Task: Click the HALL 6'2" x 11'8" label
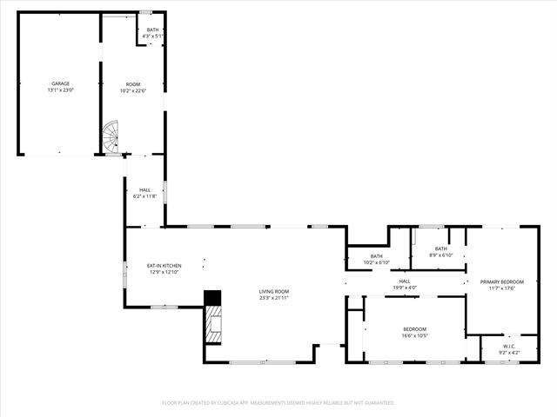click(x=145, y=193)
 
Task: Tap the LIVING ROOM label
click(x=273, y=291)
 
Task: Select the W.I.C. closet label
click(x=509, y=346)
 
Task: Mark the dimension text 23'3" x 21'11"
click(x=273, y=298)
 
